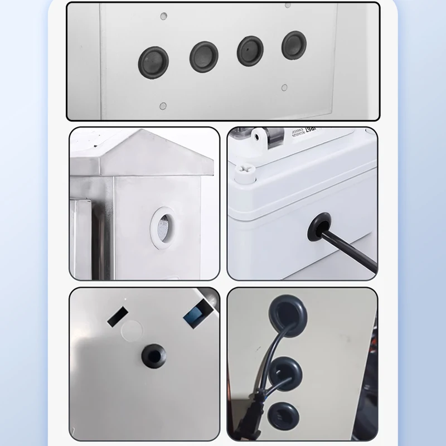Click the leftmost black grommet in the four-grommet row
pos(153,60)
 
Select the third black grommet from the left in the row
pos(250,50)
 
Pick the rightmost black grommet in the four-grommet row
pos(294,44)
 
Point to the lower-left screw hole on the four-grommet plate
pos(162,105)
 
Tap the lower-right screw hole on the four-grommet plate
pos(284,88)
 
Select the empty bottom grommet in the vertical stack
pos(282,415)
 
